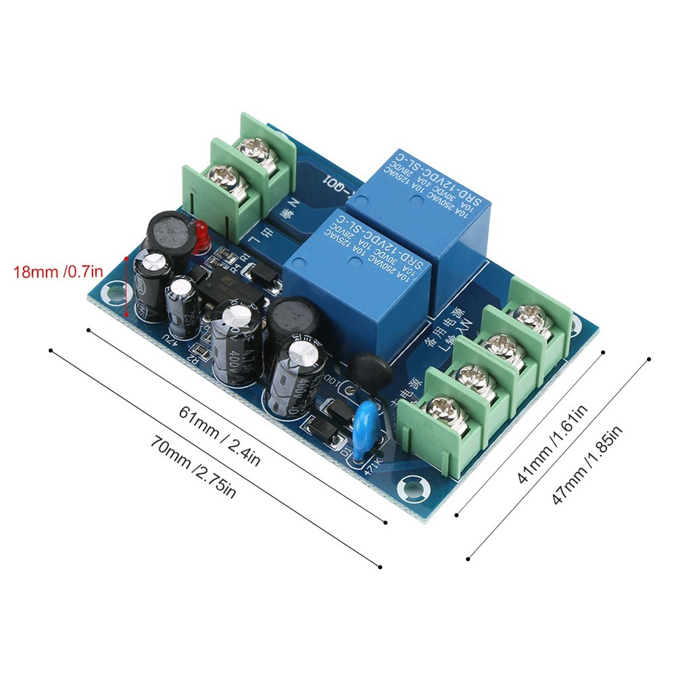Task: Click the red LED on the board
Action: pos(200,238)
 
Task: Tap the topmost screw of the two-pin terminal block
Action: pos(260,149)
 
